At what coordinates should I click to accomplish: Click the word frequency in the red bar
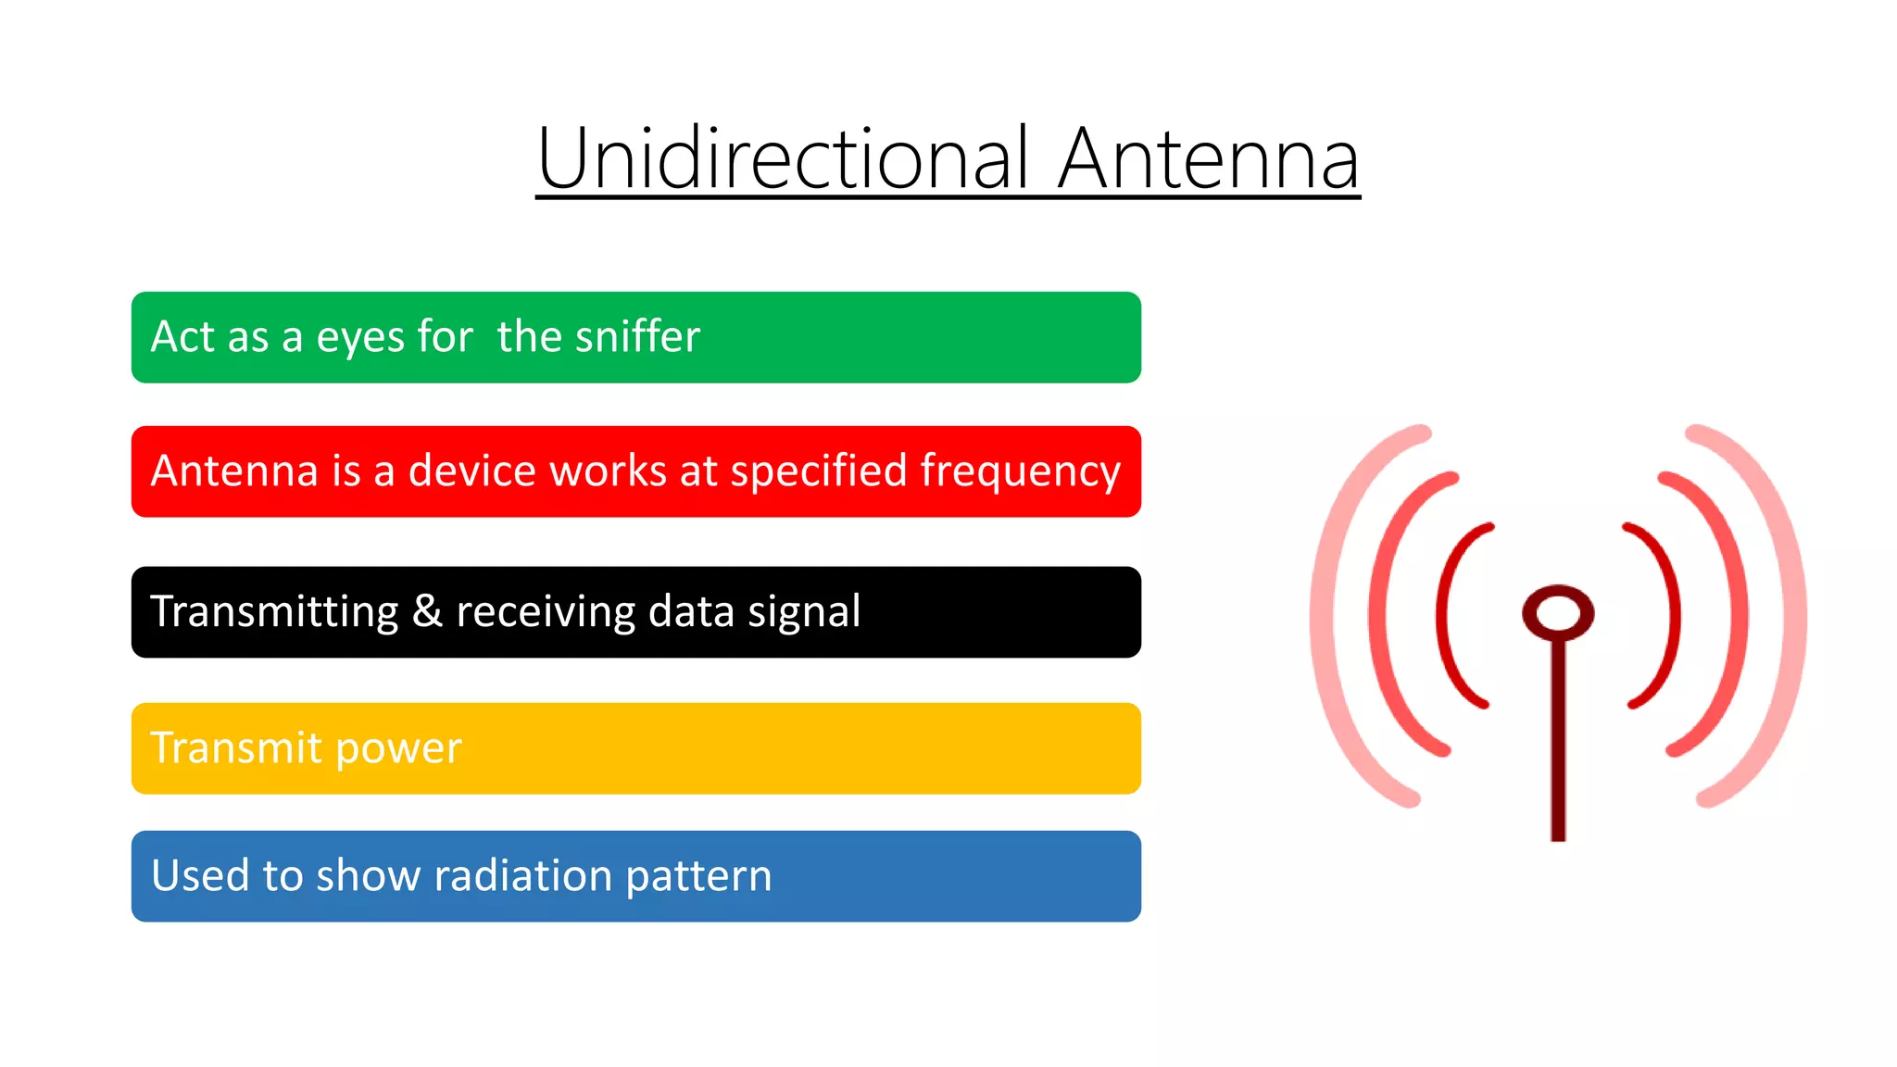click(1020, 471)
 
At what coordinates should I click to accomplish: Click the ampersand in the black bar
click(427, 611)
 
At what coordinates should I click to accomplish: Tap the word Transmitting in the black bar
click(274, 612)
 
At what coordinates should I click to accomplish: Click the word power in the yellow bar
click(398, 748)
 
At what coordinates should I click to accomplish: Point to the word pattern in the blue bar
click(698, 876)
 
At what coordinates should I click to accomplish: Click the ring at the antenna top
click(1558, 612)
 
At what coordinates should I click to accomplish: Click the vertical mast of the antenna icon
click(1558, 741)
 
